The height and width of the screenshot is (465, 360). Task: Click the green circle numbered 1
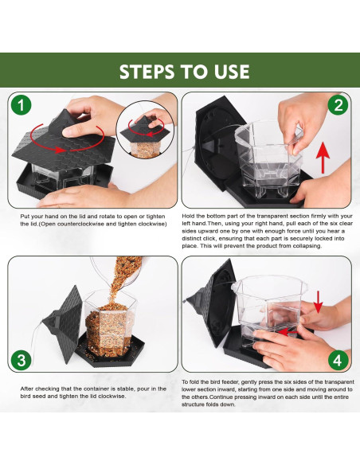(21, 104)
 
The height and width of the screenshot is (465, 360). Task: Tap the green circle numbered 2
(338, 105)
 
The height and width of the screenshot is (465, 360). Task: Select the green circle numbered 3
(21, 361)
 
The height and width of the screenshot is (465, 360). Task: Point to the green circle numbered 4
(338, 361)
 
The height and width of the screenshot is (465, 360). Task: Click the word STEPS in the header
(147, 72)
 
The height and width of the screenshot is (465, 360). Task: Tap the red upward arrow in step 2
(323, 158)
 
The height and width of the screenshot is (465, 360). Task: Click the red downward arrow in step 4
(319, 302)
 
